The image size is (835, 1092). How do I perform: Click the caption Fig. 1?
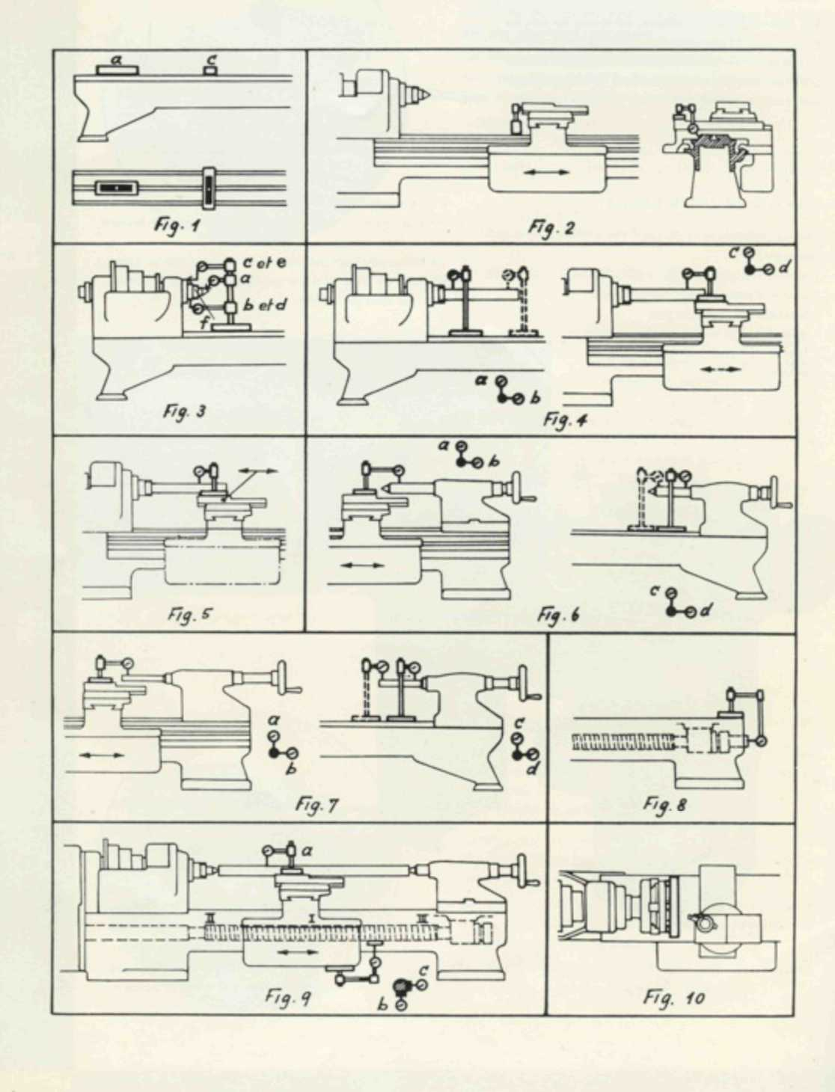point(177,224)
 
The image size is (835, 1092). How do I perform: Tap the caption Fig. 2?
point(550,227)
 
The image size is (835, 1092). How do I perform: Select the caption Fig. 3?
point(184,411)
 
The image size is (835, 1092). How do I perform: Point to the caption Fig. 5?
point(189,615)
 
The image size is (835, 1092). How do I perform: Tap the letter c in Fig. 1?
point(211,58)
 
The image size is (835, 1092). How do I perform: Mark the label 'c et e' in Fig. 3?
point(264,263)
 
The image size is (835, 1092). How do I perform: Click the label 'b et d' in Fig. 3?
point(265,305)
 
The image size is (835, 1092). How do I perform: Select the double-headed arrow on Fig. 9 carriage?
point(298,953)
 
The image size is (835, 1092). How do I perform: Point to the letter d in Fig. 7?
point(532,768)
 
